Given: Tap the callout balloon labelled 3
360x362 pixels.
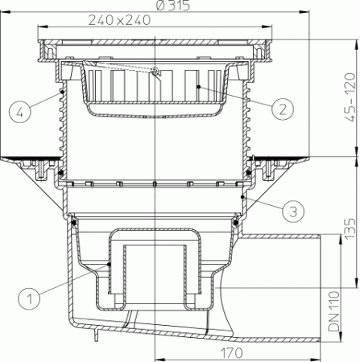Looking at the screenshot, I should coord(293,213).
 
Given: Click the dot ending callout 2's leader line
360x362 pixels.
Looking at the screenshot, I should coord(198,84).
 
